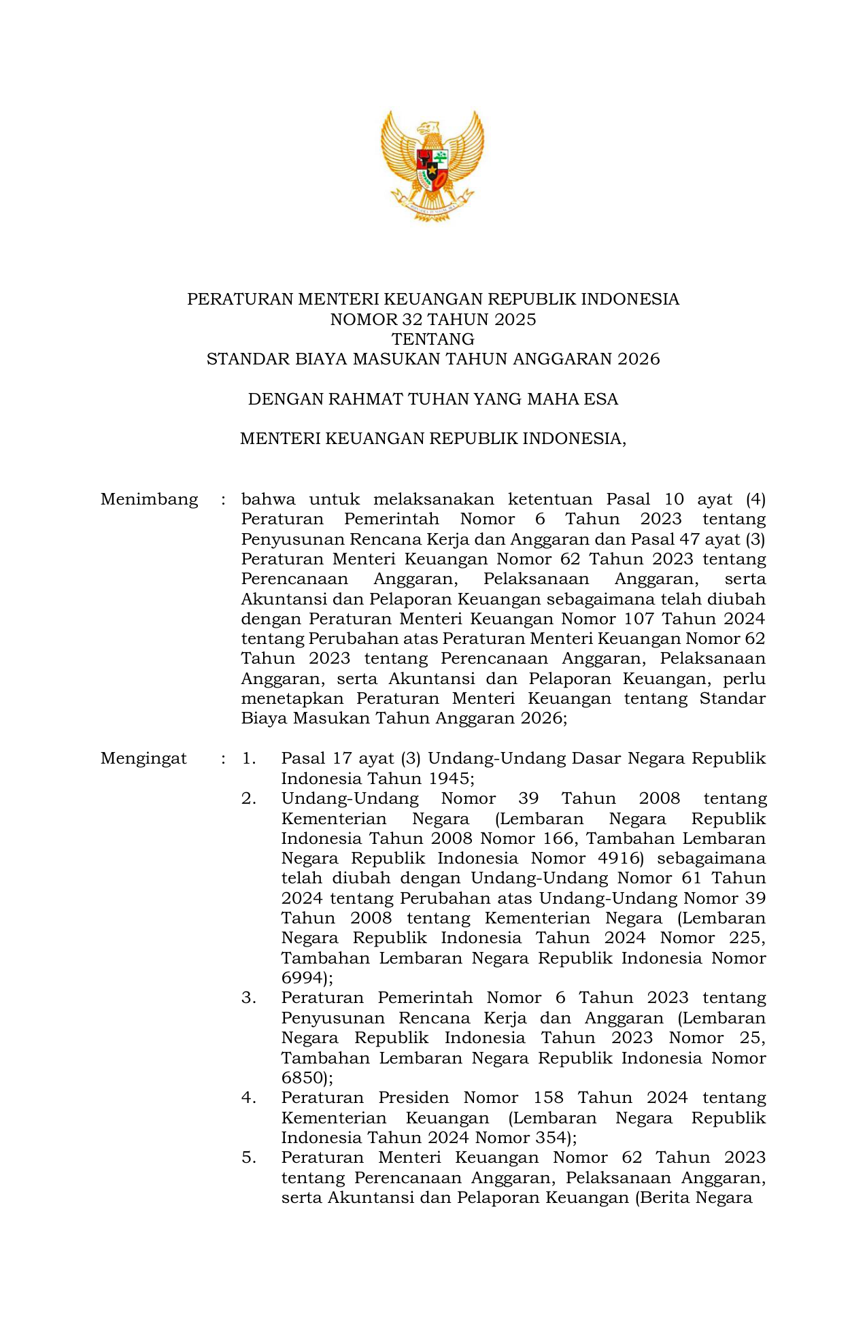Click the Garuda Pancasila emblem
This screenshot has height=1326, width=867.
[432, 165]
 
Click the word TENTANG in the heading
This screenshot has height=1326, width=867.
[433, 339]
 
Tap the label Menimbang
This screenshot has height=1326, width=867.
[149, 500]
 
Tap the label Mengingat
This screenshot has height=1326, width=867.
[143, 759]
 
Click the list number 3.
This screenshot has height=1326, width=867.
[248, 998]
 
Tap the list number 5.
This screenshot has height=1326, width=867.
[248, 1158]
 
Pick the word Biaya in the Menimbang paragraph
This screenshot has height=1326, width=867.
[260, 719]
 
